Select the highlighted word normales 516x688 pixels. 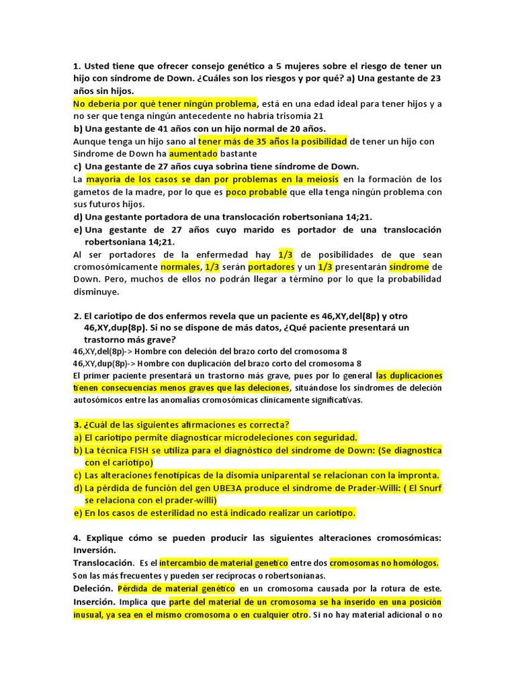point(180,267)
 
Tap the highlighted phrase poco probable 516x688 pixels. point(256,191)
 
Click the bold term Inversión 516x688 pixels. point(97,550)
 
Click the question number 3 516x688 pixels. point(77,424)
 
